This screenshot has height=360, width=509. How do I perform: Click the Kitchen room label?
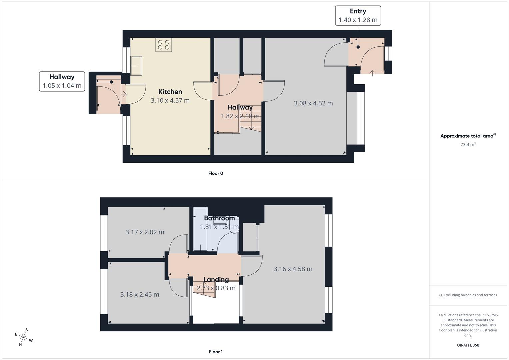click(x=170, y=92)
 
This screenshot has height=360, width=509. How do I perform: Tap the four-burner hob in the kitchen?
click(x=164, y=45)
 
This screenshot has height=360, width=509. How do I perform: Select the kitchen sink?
click(x=136, y=66)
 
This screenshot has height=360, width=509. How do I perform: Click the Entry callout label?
click(x=358, y=15)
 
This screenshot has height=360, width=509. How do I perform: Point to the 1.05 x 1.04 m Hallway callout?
click(x=62, y=81)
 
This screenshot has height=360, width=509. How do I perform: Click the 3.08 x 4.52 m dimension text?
click(x=313, y=103)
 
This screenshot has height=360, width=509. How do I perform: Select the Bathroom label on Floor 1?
click(x=219, y=218)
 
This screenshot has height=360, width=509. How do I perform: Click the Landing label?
click(x=216, y=280)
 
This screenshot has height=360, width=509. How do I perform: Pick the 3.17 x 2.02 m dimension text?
click(x=145, y=232)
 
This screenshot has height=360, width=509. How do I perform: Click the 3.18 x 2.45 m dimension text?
click(x=139, y=295)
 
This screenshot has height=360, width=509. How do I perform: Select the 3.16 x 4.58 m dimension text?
click(x=293, y=269)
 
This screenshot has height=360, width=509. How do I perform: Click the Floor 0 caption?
click(x=216, y=173)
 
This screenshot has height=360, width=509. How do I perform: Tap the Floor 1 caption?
click(x=216, y=352)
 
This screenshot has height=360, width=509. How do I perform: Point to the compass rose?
click(x=24, y=337)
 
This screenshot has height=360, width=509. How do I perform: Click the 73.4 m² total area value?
click(x=468, y=145)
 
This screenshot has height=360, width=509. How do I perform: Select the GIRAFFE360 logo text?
click(x=468, y=345)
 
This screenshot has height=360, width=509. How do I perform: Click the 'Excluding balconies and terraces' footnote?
click(x=468, y=295)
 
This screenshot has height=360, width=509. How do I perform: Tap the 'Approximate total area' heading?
click(x=467, y=136)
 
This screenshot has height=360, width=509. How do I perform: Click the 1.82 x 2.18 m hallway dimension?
click(x=240, y=116)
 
